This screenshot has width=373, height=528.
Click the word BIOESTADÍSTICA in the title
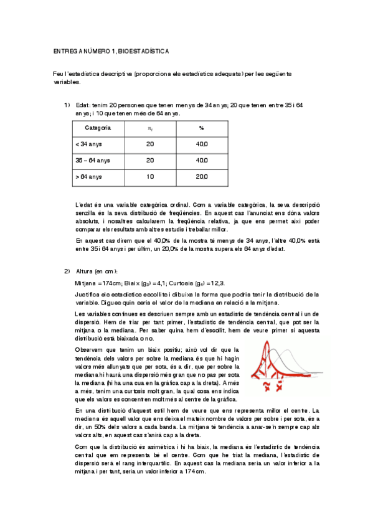[x=143, y=50]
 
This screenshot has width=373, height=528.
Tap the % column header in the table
[x=202, y=128]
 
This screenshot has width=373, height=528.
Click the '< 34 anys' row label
[x=88, y=144]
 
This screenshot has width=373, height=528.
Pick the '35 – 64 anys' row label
[x=92, y=160]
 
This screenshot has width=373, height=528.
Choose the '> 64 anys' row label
[x=88, y=177]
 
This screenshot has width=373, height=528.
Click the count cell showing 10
[x=150, y=177]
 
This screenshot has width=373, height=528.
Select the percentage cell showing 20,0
[x=202, y=177]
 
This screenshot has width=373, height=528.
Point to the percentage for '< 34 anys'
[x=202, y=144]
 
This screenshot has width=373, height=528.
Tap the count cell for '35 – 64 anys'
[x=150, y=160]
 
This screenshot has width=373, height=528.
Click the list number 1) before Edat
[x=67, y=105]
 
